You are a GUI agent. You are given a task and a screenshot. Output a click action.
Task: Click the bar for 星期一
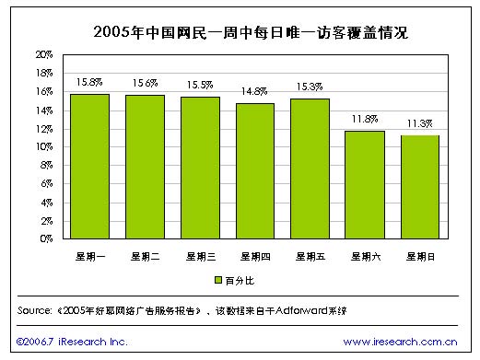89,167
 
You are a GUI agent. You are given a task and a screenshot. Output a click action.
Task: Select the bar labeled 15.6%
145,168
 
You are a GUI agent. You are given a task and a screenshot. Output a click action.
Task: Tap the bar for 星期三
200,168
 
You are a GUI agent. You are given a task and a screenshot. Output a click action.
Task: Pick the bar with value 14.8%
254,171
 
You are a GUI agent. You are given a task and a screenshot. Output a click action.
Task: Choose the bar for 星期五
310,168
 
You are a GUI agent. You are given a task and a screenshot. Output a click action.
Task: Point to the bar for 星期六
364,185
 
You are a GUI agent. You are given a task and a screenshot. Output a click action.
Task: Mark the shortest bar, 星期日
419,187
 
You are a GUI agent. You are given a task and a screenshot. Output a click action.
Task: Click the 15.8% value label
90,83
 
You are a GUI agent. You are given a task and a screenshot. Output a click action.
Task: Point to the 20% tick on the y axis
43,55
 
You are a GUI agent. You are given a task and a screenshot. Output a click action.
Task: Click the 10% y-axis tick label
43,147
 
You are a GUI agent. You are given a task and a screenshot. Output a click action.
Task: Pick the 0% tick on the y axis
46,239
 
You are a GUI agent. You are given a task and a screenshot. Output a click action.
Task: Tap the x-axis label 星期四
254,255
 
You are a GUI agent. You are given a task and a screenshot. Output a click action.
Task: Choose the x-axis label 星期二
145,255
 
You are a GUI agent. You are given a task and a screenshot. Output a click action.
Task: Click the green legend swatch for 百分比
218,278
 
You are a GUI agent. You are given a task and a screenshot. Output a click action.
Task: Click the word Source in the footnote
35,310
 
